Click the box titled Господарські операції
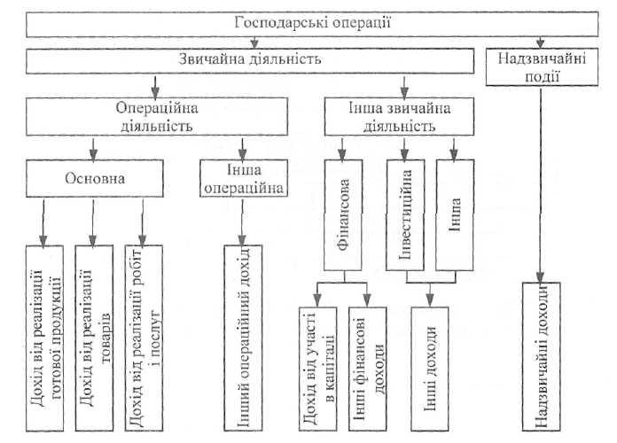[312, 24]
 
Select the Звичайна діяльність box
[250, 60]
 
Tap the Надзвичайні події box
[542, 66]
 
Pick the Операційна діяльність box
[157, 117]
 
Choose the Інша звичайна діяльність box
[399, 117]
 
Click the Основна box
[95, 178]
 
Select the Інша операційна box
[244, 178]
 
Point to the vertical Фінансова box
[343, 214]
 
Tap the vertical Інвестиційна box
[405, 214]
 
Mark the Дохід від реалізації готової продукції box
[44, 338]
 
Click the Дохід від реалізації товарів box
[94, 338]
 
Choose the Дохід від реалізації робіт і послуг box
[144, 338]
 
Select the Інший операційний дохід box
[243, 338]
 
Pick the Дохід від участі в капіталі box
[317, 369]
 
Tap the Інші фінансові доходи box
[368, 369]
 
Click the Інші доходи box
[430, 369]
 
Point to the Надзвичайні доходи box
[542, 356]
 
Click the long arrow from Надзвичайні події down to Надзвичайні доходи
[540, 185]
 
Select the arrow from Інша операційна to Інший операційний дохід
[242, 222]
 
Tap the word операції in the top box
[362, 23]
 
